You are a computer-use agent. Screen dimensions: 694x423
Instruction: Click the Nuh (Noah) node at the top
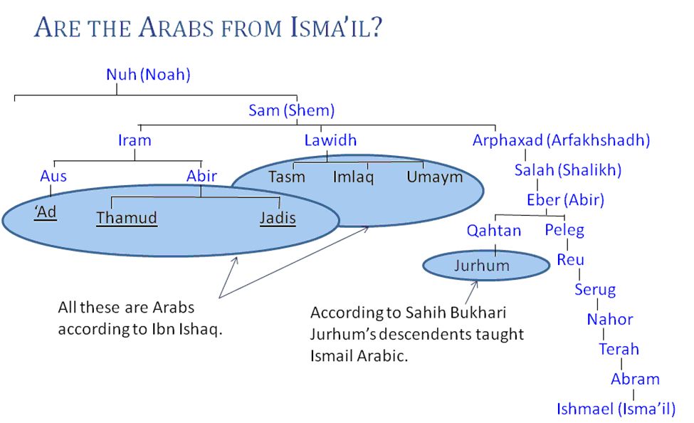click(148, 74)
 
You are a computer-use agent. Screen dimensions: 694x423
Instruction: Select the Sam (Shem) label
click(291, 110)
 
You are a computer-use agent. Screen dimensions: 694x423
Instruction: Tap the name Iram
click(135, 140)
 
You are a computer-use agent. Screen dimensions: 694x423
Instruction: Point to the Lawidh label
click(330, 140)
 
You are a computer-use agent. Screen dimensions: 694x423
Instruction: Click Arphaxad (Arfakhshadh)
click(561, 140)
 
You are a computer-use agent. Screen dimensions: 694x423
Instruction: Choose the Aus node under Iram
click(53, 176)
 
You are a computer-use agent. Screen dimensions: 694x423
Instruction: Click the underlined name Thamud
click(127, 218)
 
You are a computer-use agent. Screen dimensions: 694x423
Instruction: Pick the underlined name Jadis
click(278, 218)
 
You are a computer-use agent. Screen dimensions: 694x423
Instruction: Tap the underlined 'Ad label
click(46, 213)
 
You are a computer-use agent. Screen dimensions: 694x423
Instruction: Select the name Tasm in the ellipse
click(287, 177)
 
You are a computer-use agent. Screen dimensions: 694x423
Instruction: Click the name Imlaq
click(353, 177)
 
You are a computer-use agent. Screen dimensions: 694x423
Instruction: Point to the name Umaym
click(435, 177)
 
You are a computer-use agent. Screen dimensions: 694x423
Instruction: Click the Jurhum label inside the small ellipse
click(482, 266)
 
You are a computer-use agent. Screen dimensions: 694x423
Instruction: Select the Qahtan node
click(494, 231)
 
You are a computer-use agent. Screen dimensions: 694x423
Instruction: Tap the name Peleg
click(564, 230)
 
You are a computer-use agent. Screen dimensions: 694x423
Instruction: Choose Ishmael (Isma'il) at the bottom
click(616, 409)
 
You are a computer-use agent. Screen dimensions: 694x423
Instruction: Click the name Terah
click(619, 350)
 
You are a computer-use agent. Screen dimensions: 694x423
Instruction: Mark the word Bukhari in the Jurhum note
click(478, 313)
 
